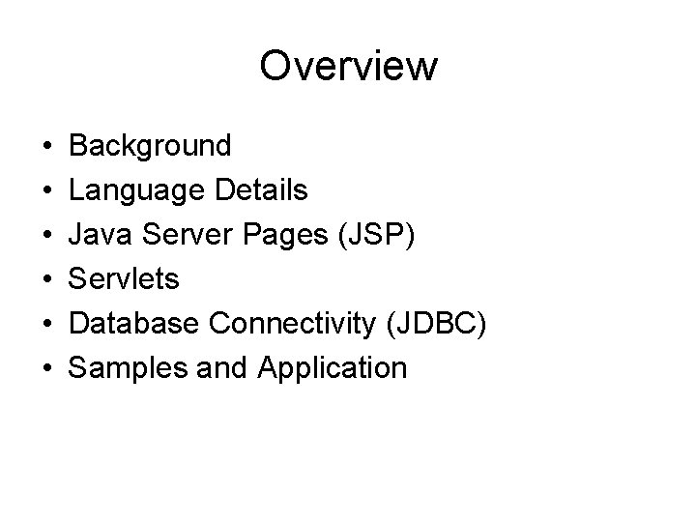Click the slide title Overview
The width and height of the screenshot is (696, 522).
pos(348,67)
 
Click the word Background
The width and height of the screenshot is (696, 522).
pos(151,146)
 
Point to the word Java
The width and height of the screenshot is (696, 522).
pos(100,235)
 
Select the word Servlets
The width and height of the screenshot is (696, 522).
pos(125,279)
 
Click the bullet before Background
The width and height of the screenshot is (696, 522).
pos(46,148)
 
